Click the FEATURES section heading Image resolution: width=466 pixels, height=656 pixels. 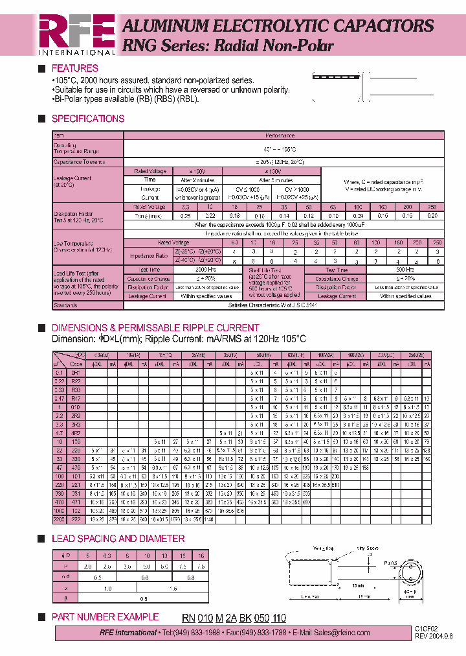pos(74,68)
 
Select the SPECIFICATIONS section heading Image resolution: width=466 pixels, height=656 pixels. pos(87,119)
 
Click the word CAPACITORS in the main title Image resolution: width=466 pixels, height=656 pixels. pos(381,26)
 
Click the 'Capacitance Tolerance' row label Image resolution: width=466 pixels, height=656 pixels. pos(79,162)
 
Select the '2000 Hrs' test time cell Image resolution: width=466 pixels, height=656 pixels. pos(206,270)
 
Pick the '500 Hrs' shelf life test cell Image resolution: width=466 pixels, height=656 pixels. pos(406,270)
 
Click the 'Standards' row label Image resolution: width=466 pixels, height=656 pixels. pos(65,304)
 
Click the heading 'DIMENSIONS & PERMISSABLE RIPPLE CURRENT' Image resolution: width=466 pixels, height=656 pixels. pos(155,328)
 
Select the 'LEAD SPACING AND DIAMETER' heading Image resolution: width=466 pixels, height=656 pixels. pos(118,539)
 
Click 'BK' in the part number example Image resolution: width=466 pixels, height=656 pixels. pos(245,618)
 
